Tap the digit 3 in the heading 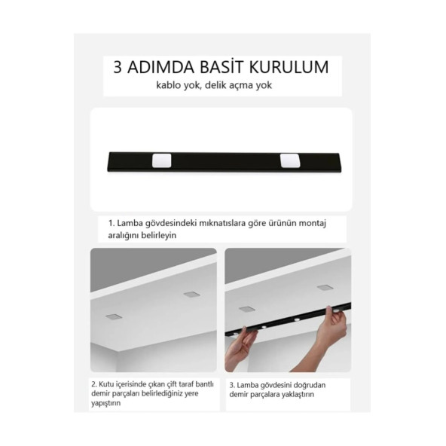click(x=118, y=67)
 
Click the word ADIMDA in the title click(x=161, y=67)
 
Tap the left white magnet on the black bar click(x=161, y=160)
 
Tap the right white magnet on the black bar click(x=290, y=160)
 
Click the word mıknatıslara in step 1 click(x=222, y=223)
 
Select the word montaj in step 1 click(x=313, y=224)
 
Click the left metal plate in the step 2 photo click(x=114, y=316)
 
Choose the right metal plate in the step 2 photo click(x=191, y=294)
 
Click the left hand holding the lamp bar click(x=240, y=347)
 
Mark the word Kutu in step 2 click(x=105, y=384)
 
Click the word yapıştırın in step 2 click(x=105, y=403)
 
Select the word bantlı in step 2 click(x=204, y=384)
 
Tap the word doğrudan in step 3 click(x=309, y=385)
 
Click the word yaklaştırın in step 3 click(x=298, y=395)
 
